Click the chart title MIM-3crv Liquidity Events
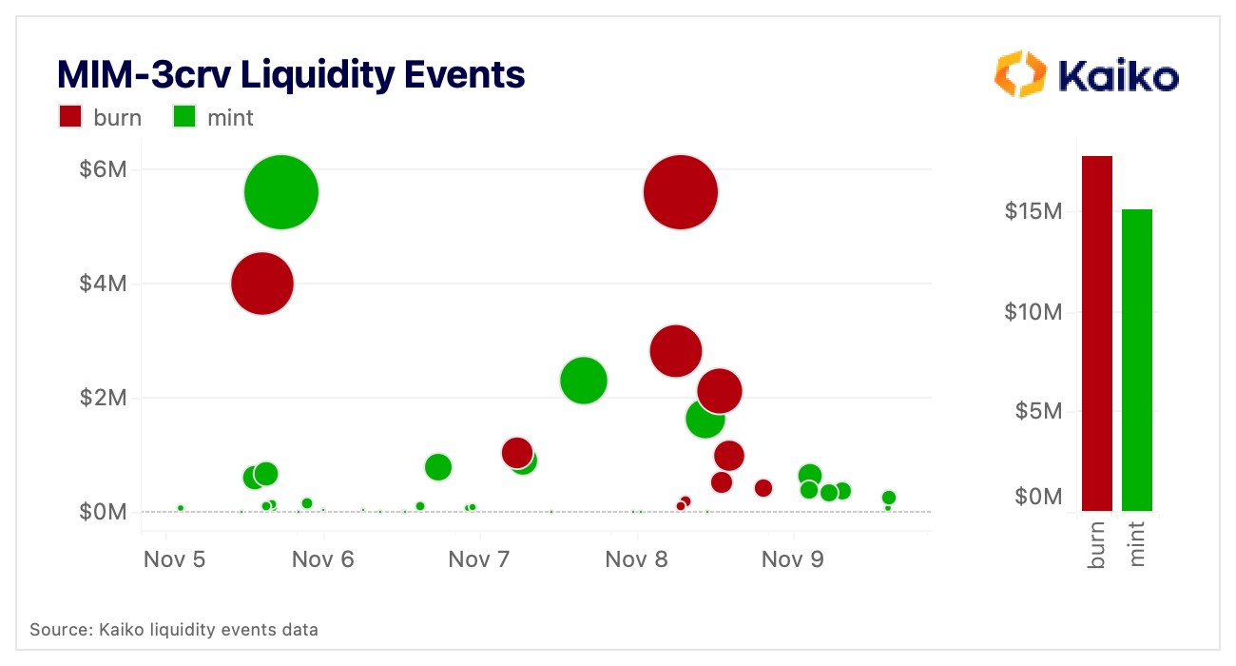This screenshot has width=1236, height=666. pyautogui.click(x=291, y=74)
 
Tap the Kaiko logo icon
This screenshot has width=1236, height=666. pyautogui.click(x=1019, y=74)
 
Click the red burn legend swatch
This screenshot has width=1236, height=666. pyautogui.click(x=71, y=117)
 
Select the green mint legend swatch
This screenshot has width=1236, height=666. pyautogui.click(x=183, y=117)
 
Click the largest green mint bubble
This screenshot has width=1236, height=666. pyautogui.click(x=281, y=192)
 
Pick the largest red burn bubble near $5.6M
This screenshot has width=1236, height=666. pyautogui.click(x=680, y=192)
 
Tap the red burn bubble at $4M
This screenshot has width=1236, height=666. pyautogui.click(x=261, y=284)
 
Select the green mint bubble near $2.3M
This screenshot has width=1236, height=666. pyautogui.click(x=584, y=381)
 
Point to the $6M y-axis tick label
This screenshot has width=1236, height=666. pyautogui.click(x=101, y=170)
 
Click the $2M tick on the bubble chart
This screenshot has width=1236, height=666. pyautogui.click(x=101, y=398)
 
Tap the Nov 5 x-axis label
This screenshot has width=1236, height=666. pyautogui.click(x=175, y=559)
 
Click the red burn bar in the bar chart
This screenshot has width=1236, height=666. pyautogui.click(x=1097, y=333)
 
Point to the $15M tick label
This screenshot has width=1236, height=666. pyautogui.click(x=1033, y=211)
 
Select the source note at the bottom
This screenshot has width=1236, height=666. pyautogui.click(x=174, y=630)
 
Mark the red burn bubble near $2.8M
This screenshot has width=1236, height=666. pyautogui.click(x=675, y=350)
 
